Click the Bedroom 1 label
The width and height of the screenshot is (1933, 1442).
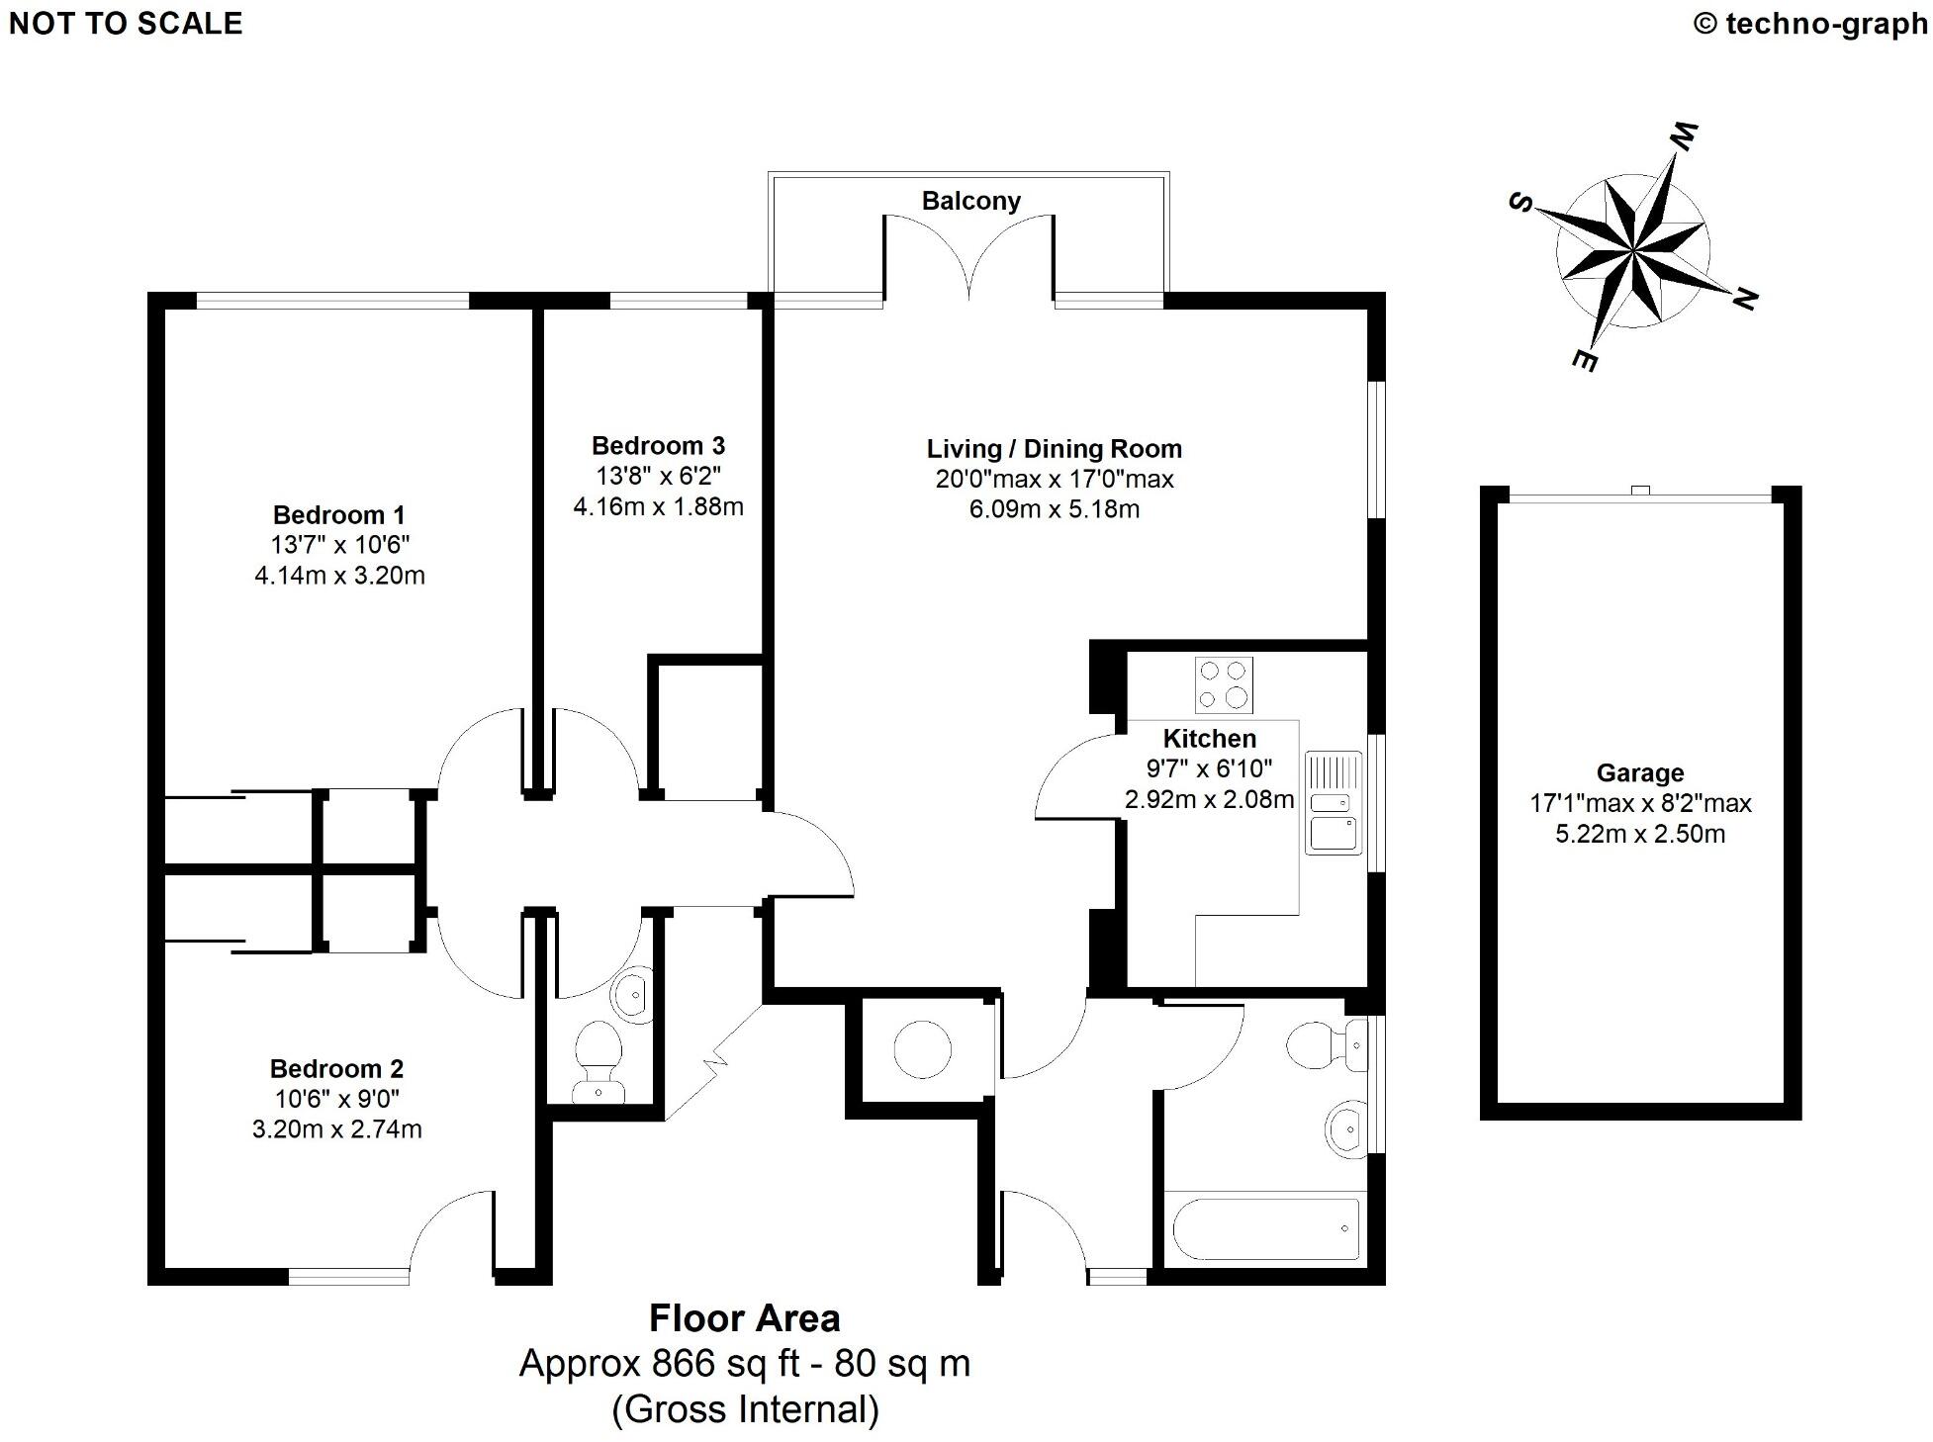pos(338,514)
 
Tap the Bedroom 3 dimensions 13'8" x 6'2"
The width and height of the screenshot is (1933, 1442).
pos(658,476)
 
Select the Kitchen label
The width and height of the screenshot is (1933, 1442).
pos(1209,738)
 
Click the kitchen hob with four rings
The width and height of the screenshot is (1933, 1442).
pos(1224,684)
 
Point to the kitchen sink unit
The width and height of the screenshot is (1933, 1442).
pos(1333,802)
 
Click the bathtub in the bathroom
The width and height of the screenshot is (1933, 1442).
pos(1265,1228)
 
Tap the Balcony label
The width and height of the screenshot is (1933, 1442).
pos(970,201)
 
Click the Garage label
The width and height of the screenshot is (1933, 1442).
pos(1639,772)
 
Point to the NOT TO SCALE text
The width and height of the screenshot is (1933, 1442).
pos(126,24)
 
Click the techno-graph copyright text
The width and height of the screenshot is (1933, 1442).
pos(1810,24)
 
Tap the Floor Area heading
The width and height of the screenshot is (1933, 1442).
pos(744,1318)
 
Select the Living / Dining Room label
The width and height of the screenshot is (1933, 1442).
pos(1054,448)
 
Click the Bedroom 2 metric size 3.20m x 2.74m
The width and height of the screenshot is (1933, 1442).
pos(336,1128)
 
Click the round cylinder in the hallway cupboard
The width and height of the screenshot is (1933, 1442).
pos(922,1049)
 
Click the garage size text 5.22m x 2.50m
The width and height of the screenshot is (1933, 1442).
pos(1639,834)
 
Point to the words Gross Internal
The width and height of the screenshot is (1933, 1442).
pos(745,1409)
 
